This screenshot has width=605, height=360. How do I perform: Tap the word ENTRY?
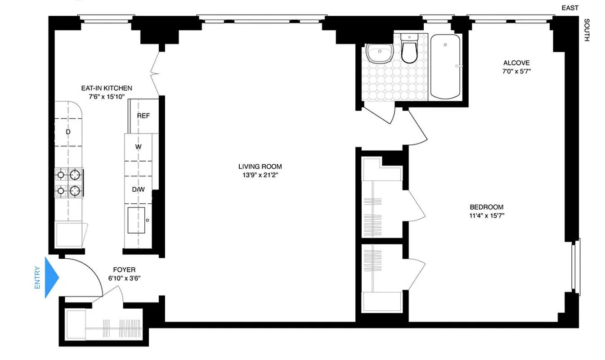tap(37, 278)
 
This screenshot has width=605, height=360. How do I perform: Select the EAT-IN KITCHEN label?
tap(106, 88)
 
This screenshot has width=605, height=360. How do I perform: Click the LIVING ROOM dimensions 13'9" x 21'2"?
tap(260, 175)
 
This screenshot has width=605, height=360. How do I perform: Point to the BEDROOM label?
tap(486, 207)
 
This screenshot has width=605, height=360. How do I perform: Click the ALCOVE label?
tap(516, 63)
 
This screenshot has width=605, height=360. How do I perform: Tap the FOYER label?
tap(124, 270)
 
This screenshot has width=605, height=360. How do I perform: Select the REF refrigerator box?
tap(143, 116)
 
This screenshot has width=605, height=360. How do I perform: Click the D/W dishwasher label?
tap(139, 189)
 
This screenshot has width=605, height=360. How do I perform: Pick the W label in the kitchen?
tap(139, 147)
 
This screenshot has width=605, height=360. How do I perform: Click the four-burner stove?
tap(69, 182)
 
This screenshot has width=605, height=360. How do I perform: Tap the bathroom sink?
tap(380, 54)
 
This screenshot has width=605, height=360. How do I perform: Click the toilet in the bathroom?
tap(409, 49)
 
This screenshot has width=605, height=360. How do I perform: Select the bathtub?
tap(445, 66)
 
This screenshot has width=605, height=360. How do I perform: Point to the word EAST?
tap(569, 8)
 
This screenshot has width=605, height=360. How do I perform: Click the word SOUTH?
tap(586, 30)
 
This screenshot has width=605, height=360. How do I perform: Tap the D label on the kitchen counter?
tap(68, 132)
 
